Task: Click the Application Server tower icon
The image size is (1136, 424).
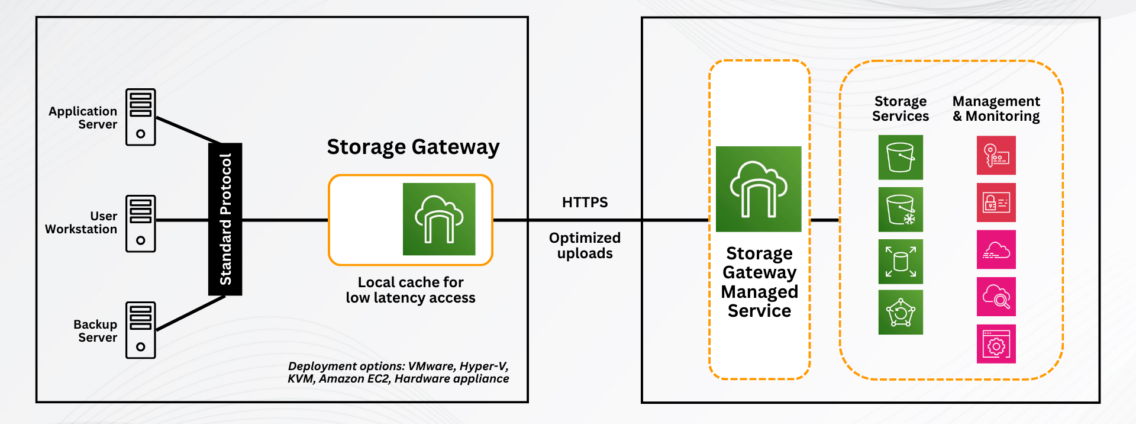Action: coord(140,117)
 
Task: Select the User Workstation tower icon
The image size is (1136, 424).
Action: coord(140,224)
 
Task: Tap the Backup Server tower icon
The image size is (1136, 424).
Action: coord(140,330)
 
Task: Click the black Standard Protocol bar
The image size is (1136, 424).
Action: coord(225,219)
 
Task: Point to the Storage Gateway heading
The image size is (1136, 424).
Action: coord(413,147)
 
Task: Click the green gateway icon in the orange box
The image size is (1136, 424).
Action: coord(438,219)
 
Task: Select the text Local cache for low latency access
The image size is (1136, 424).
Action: coord(411,290)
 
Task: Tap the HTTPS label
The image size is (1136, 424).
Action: coord(585,203)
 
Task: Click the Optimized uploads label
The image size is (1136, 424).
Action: coord(585,245)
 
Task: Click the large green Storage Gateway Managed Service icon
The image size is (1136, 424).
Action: coord(759,189)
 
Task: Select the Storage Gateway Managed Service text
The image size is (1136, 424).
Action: coord(759,282)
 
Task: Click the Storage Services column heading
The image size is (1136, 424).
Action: coord(901,109)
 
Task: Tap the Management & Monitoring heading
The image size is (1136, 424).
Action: coord(996,109)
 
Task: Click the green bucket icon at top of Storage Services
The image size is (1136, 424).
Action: coord(901,158)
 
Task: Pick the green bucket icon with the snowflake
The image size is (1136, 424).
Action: coord(901,210)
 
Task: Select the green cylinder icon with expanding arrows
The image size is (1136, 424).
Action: coord(901,262)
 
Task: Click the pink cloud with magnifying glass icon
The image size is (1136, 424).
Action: coord(996,297)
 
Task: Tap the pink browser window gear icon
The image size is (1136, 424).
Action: coord(996,344)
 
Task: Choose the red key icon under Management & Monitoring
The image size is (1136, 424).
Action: coord(996,155)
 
